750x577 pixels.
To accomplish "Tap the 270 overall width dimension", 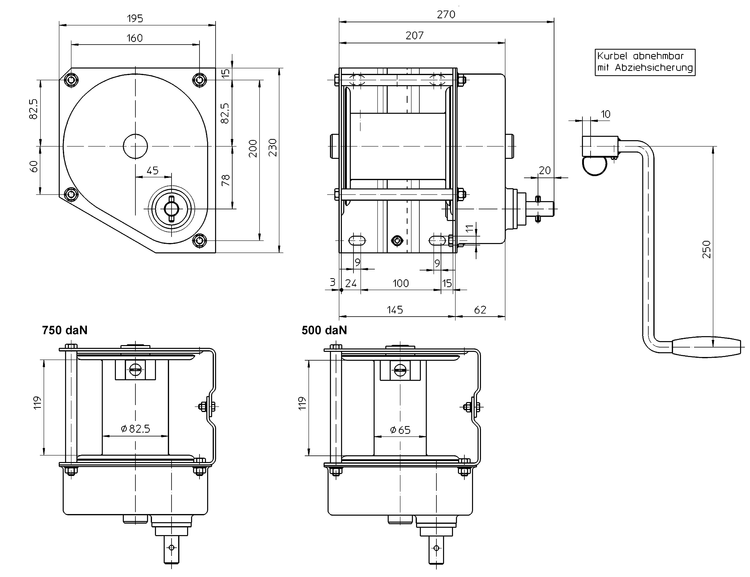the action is (x=446, y=14).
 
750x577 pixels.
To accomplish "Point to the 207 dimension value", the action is (x=414, y=35).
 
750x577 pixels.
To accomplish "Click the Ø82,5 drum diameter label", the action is (x=136, y=429).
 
